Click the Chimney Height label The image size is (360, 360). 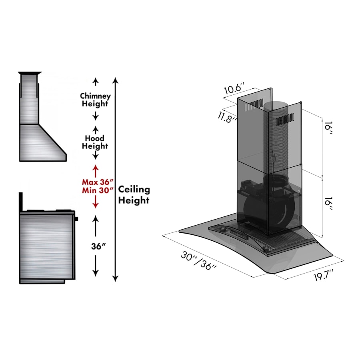tap(95, 100)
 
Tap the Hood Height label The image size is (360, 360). tap(95, 142)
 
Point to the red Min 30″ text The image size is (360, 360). tap(95, 190)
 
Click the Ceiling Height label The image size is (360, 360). tap(134, 195)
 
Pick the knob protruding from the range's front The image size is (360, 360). tap(76, 219)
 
